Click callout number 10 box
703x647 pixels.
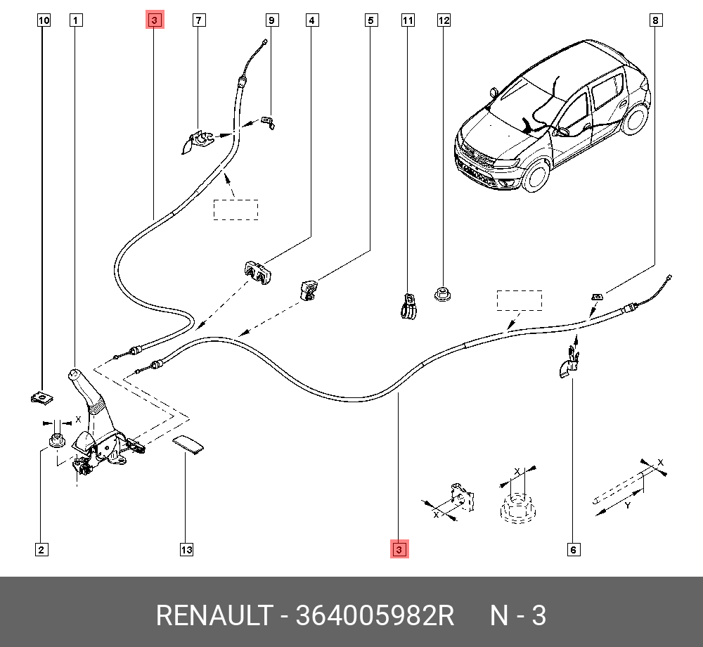coord(44,20)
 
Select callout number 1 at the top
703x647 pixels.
coord(75,20)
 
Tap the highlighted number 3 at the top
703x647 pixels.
coord(155,20)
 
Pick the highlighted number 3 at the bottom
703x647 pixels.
coord(399,549)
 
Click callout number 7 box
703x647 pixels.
coord(200,20)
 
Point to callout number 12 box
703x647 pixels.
coord(444,20)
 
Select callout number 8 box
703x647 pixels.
coord(654,20)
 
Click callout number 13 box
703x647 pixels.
coord(186,549)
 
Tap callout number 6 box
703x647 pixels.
coord(574,549)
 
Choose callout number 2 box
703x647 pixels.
coord(41,549)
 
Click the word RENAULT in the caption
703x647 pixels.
coord(213,615)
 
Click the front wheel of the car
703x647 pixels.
coord(536,174)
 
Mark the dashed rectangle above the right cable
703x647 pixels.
coord(520,300)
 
